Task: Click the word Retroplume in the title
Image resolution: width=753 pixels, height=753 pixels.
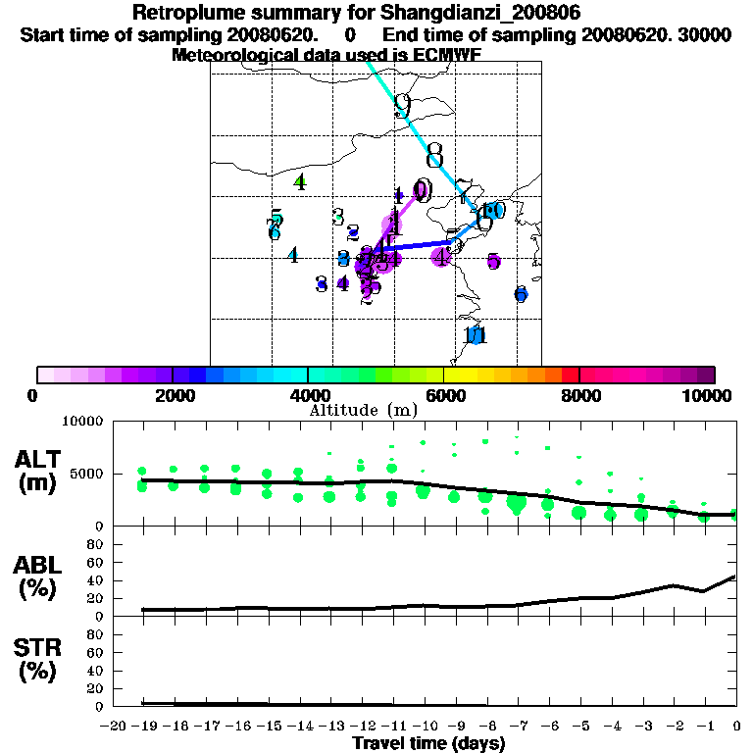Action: (183, 13)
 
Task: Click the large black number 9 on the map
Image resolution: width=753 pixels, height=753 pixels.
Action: (402, 106)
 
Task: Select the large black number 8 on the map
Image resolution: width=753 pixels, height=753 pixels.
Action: (434, 156)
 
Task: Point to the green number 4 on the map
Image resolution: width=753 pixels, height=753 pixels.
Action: (300, 181)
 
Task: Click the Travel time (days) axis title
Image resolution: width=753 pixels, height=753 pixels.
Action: (428, 743)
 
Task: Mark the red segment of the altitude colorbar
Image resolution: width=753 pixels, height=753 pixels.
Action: (570, 374)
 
